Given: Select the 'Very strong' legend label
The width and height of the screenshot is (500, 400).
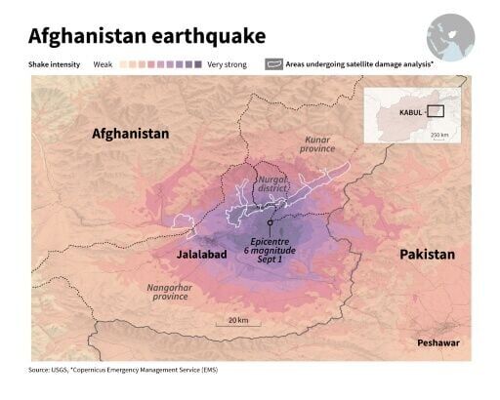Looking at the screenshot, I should (227, 64).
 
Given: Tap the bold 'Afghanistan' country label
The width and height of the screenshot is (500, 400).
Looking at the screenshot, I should (130, 133).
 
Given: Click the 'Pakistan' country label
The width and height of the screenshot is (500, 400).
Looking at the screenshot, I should (427, 254).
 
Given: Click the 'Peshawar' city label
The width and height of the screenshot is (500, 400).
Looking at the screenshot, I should (437, 343).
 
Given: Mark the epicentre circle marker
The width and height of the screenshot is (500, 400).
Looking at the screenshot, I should (269, 223).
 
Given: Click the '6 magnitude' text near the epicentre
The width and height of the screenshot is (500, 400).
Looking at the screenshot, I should (270, 251).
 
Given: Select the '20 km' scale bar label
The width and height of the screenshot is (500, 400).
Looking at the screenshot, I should (237, 320).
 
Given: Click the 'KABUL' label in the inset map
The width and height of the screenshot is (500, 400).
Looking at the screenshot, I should (412, 112).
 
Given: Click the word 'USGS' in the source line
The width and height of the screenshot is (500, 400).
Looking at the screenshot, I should (68, 371).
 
